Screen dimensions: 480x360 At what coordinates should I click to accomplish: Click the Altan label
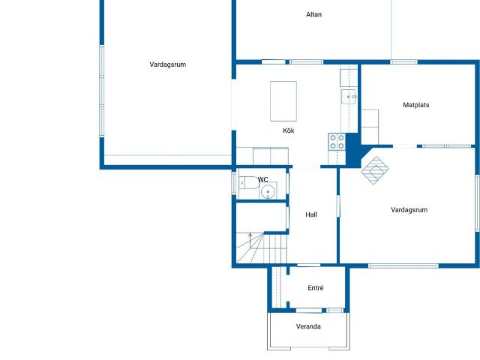pyautogui.click(x=313, y=14)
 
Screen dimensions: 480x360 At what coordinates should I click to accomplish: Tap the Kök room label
pyautogui.click(x=288, y=130)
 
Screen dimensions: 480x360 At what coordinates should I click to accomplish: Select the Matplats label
pyautogui.click(x=416, y=105)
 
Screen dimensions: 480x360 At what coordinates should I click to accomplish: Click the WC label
pyautogui.click(x=263, y=180)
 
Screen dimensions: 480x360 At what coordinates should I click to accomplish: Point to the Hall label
pyautogui.click(x=311, y=215)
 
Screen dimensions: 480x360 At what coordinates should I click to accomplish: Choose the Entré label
pyautogui.click(x=316, y=288)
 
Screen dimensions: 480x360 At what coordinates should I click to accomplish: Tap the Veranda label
pyautogui.click(x=308, y=327)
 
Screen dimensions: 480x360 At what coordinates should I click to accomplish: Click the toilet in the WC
pyautogui.click(x=248, y=183)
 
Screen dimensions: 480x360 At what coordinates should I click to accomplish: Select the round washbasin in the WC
pyautogui.click(x=268, y=192)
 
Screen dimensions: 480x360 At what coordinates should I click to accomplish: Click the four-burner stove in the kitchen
pyautogui.click(x=337, y=142)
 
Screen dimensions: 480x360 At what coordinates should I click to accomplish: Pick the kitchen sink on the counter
pyautogui.click(x=349, y=97)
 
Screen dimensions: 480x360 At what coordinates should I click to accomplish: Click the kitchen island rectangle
pyautogui.click(x=283, y=101)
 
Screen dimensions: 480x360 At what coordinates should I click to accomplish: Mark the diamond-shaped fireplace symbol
pyautogui.click(x=375, y=170)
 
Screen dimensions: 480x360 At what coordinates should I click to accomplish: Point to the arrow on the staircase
pyautogui.click(x=250, y=241)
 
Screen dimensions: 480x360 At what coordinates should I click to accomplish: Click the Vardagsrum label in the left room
pyautogui.click(x=168, y=64)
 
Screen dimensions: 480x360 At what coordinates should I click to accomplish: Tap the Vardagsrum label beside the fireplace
pyautogui.click(x=409, y=210)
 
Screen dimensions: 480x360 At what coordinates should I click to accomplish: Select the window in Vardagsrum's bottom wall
pyautogui.click(x=403, y=265)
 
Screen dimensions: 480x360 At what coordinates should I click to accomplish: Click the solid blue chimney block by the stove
pyautogui.click(x=353, y=150)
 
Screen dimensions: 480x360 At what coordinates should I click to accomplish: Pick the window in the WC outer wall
pyautogui.click(x=233, y=183)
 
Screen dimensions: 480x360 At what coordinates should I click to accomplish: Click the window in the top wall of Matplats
pyautogui.click(x=403, y=62)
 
